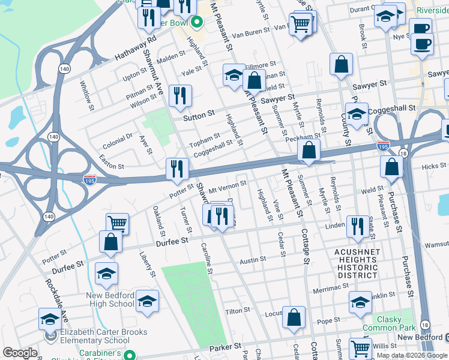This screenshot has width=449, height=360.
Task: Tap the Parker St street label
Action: (x=224, y=347)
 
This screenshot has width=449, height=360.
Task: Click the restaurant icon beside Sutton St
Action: (x=180, y=96)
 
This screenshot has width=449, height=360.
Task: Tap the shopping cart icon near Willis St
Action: (x=360, y=348)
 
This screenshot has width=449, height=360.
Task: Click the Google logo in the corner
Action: (x=20, y=353)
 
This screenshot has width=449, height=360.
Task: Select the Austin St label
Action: (x=253, y=260)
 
